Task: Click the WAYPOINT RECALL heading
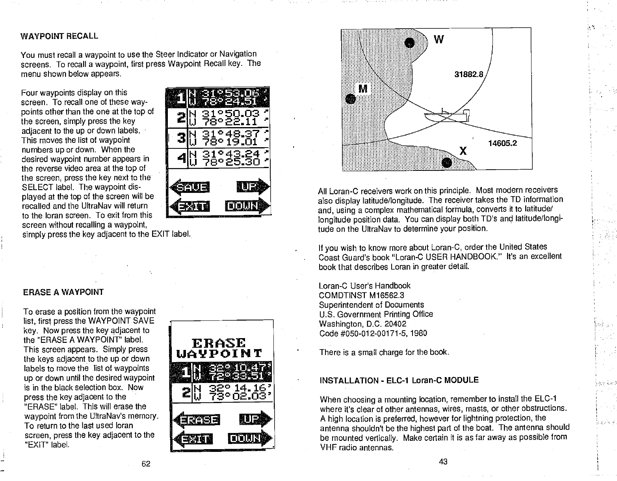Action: click(x=59, y=36)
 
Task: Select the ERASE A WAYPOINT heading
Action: click(x=63, y=292)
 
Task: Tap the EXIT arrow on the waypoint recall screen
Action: click(x=190, y=206)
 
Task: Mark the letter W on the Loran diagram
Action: click(x=439, y=40)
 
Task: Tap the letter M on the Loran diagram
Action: click(x=363, y=89)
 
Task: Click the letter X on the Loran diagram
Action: click(x=463, y=151)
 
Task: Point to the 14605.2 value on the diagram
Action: click(x=502, y=143)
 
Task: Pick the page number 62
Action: click(x=146, y=464)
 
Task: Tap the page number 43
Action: click(x=443, y=462)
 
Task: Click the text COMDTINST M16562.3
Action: click(x=361, y=295)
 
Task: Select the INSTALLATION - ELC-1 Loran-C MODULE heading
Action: click(x=399, y=380)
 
